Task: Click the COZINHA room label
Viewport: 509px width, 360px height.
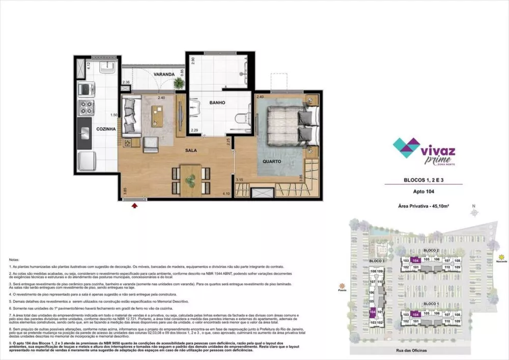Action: click(107, 129)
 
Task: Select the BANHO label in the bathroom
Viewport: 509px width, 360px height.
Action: click(216, 103)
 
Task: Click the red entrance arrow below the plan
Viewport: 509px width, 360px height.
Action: click(134, 206)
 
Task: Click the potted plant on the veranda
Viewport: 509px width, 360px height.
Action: click(179, 82)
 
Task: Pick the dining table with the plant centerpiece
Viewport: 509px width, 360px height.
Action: click(191, 180)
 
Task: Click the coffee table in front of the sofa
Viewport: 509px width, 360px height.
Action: click(158, 117)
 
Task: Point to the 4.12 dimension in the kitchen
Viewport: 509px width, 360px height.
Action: click(88, 65)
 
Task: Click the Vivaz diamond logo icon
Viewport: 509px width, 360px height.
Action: click(406, 148)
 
